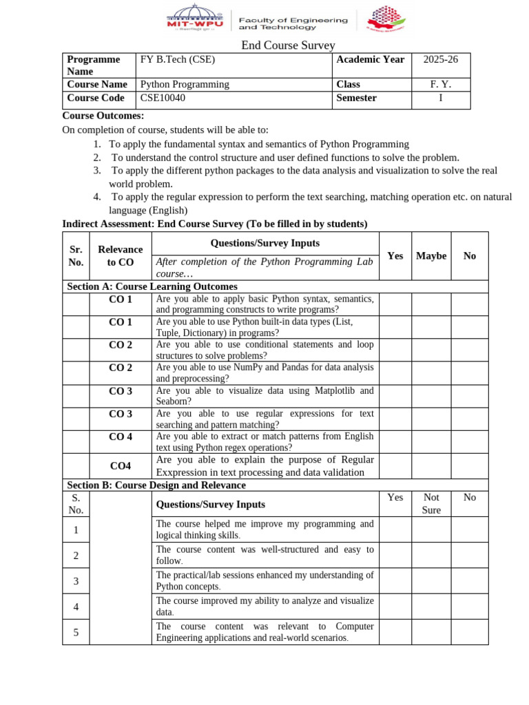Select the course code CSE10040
(163, 98)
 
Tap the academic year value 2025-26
(440, 59)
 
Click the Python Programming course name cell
(185, 84)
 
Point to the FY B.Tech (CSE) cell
(178, 59)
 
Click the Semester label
(356, 98)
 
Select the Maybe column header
(431, 255)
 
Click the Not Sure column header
(431, 503)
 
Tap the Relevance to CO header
(121, 255)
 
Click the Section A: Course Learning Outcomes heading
(152, 286)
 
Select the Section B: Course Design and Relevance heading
(156, 485)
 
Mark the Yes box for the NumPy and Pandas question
(395, 373)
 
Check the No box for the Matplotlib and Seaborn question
(469, 396)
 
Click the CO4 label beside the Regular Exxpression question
(121, 466)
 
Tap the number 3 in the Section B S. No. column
(76, 581)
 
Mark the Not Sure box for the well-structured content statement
(431, 555)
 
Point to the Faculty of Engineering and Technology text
(293, 23)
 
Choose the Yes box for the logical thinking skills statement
(395, 529)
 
